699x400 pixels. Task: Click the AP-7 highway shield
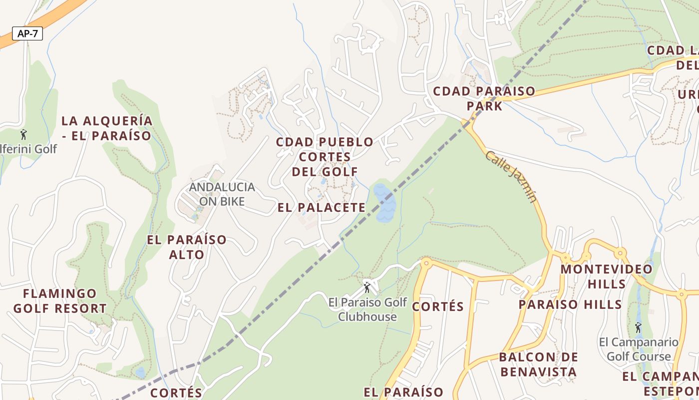(27, 34)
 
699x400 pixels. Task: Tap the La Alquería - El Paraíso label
(107, 128)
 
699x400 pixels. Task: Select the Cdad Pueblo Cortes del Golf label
(325, 156)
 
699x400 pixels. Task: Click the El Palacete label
(322, 207)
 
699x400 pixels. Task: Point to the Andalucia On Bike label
(222, 194)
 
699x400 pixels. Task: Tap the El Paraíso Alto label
(186, 247)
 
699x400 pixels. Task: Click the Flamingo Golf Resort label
(60, 300)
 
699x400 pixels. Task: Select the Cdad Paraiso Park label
(484, 98)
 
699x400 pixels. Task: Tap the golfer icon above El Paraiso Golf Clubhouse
(367, 287)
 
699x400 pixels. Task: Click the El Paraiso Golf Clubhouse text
(367, 309)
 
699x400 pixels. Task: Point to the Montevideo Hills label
(606, 276)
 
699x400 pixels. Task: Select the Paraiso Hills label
(570, 304)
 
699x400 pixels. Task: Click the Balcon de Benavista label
(538, 364)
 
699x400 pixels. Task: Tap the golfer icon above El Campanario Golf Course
(638, 327)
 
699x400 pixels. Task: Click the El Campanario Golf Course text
(639, 349)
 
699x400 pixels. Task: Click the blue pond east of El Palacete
(385, 203)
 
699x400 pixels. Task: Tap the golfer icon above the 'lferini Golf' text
(23, 134)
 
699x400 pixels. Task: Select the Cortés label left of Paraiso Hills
(438, 306)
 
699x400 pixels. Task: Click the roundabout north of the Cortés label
(426, 262)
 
